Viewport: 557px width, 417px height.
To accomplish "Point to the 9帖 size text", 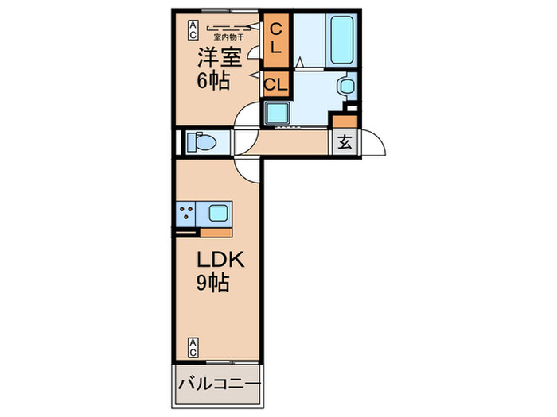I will click(x=213, y=283).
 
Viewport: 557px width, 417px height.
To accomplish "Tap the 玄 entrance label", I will click(x=345, y=143).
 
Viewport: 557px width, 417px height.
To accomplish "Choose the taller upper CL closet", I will click(x=275, y=38).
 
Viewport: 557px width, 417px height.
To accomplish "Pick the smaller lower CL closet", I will click(x=275, y=83).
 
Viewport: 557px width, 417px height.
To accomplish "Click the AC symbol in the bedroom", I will click(x=193, y=30).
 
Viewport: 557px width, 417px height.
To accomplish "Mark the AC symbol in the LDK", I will click(x=193, y=346).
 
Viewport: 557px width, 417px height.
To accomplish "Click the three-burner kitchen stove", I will click(x=188, y=213).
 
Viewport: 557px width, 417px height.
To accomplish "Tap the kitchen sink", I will click(x=218, y=213).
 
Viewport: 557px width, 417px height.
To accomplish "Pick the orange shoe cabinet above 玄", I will click(x=344, y=122).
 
